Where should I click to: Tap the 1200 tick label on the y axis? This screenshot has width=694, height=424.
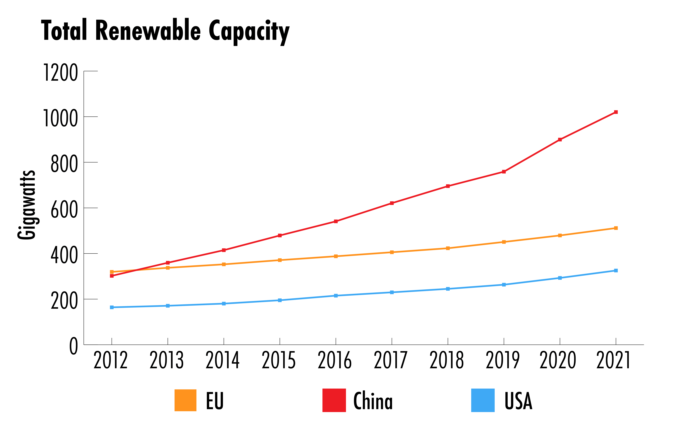point(60,73)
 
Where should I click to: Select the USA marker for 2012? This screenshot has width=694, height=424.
point(112,307)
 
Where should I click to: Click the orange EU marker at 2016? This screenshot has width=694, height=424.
point(336,256)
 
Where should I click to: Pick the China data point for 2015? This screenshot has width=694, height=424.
point(280,236)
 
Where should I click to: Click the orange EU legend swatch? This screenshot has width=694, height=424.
point(185,400)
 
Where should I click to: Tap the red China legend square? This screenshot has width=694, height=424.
point(334,400)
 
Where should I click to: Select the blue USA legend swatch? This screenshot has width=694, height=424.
point(483,400)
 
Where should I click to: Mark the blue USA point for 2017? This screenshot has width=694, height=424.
point(392,292)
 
